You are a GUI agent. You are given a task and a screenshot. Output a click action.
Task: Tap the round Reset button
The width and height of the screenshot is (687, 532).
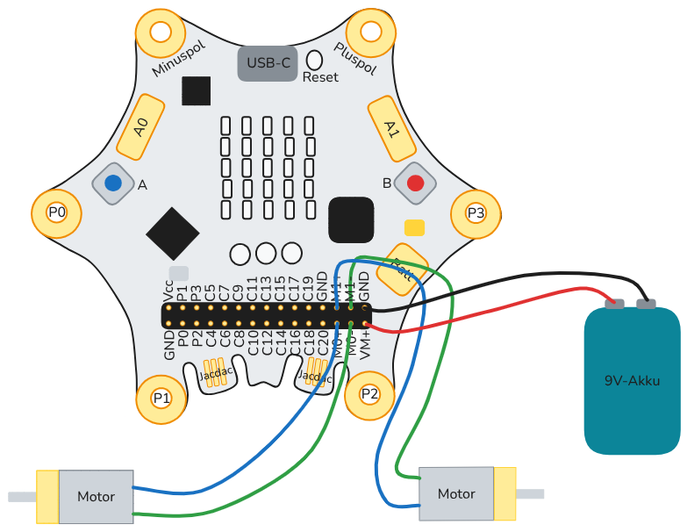(x=315, y=60)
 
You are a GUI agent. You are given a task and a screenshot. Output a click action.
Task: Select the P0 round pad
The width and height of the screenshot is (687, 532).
(x=57, y=212)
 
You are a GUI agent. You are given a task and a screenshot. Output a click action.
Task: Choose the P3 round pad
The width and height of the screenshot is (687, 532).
(x=475, y=212)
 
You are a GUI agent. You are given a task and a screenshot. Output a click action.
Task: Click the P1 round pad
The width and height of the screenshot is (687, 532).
(x=161, y=398)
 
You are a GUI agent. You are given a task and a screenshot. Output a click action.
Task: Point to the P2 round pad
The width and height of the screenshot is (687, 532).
(x=369, y=394)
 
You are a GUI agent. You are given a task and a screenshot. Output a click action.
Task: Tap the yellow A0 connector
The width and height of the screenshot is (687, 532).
(x=140, y=128)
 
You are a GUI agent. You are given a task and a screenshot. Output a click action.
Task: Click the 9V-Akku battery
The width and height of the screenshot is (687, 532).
(x=632, y=379)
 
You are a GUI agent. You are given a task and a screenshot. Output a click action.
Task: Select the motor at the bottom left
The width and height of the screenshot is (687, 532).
(x=96, y=496)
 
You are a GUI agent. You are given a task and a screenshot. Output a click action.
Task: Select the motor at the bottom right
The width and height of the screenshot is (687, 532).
(x=456, y=493)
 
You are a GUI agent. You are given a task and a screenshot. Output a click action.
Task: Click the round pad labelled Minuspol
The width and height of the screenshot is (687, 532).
(x=161, y=32)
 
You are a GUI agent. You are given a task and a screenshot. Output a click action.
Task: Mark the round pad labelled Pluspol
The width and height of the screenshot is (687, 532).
(x=371, y=32)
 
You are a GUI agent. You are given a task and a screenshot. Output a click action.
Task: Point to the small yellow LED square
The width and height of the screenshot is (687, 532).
(x=415, y=227)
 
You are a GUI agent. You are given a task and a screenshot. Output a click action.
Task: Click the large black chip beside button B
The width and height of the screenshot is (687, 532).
(x=352, y=219)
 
